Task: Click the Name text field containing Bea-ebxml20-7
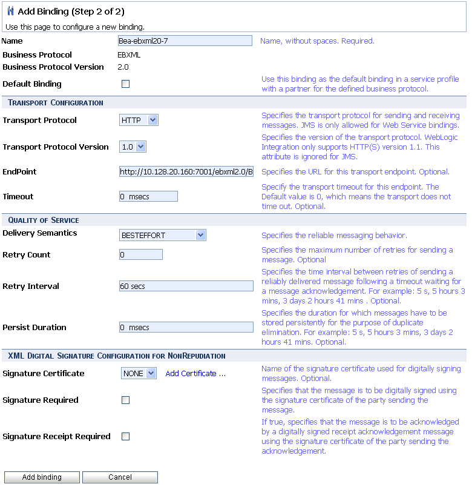pyautogui.click(x=185, y=41)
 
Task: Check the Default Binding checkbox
pyautogui.click(x=125, y=84)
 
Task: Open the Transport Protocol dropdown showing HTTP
pyautogui.click(x=139, y=121)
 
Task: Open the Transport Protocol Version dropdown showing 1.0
pyautogui.click(x=133, y=147)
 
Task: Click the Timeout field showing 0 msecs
pyautogui.click(x=148, y=196)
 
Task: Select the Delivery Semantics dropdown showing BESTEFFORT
pyautogui.click(x=162, y=236)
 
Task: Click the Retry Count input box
pyautogui.click(x=141, y=255)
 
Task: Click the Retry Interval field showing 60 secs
pyautogui.click(x=186, y=287)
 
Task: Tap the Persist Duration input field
pyautogui.click(x=186, y=328)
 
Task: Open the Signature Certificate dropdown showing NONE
pyautogui.click(x=139, y=374)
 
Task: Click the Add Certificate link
pyautogui.click(x=195, y=374)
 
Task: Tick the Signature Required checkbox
pyautogui.click(x=125, y=400)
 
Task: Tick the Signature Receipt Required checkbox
pyautogui.click(x=125, y=437)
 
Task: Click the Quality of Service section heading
pyautogui.click(x=44, y=220)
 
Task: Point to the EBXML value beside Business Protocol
pyautogui.click(x=129, y=55)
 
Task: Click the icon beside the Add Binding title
pyautogui.click(x=10, y=12)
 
